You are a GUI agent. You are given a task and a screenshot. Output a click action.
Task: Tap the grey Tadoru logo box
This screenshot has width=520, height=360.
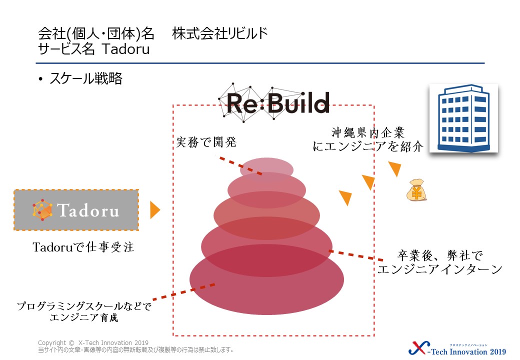76,210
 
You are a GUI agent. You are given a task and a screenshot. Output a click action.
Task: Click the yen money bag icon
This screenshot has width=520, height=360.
416,190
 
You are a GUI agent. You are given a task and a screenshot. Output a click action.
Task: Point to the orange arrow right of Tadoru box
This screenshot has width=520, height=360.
154,210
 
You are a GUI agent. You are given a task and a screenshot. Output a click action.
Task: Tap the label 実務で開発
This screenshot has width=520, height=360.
205,142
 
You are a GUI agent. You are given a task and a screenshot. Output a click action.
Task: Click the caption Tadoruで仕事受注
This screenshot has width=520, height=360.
83,246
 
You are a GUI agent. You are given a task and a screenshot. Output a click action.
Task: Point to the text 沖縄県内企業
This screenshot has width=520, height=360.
367,132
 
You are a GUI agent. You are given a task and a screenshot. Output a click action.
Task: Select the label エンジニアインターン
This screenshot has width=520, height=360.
439,269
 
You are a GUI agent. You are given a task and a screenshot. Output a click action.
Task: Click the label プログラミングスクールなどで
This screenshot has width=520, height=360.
83,305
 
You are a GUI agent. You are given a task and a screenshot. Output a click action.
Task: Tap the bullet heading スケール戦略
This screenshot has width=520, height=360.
85,79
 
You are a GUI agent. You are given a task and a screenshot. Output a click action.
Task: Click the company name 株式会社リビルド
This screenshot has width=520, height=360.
220,34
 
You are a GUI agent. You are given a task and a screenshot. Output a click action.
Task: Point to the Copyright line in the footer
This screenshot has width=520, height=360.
92,343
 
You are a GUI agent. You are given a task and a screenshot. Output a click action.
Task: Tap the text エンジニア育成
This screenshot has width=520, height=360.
84,317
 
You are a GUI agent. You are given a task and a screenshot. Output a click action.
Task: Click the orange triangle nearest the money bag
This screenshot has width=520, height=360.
395,169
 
